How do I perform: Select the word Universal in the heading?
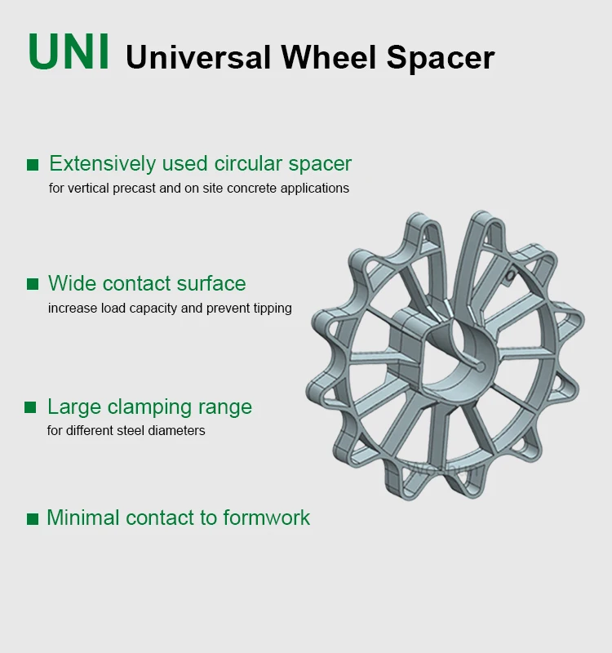[x=198, y=57]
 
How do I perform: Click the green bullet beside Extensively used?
[x=33, y=165]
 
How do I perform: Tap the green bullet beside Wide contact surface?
[x=33, y=284]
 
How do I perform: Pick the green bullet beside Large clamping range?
[x=31, y=407]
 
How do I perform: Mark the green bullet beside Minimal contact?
[x=33, y=518]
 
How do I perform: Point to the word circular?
[x=249, y=164]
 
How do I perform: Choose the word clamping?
[x=144, y=407]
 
